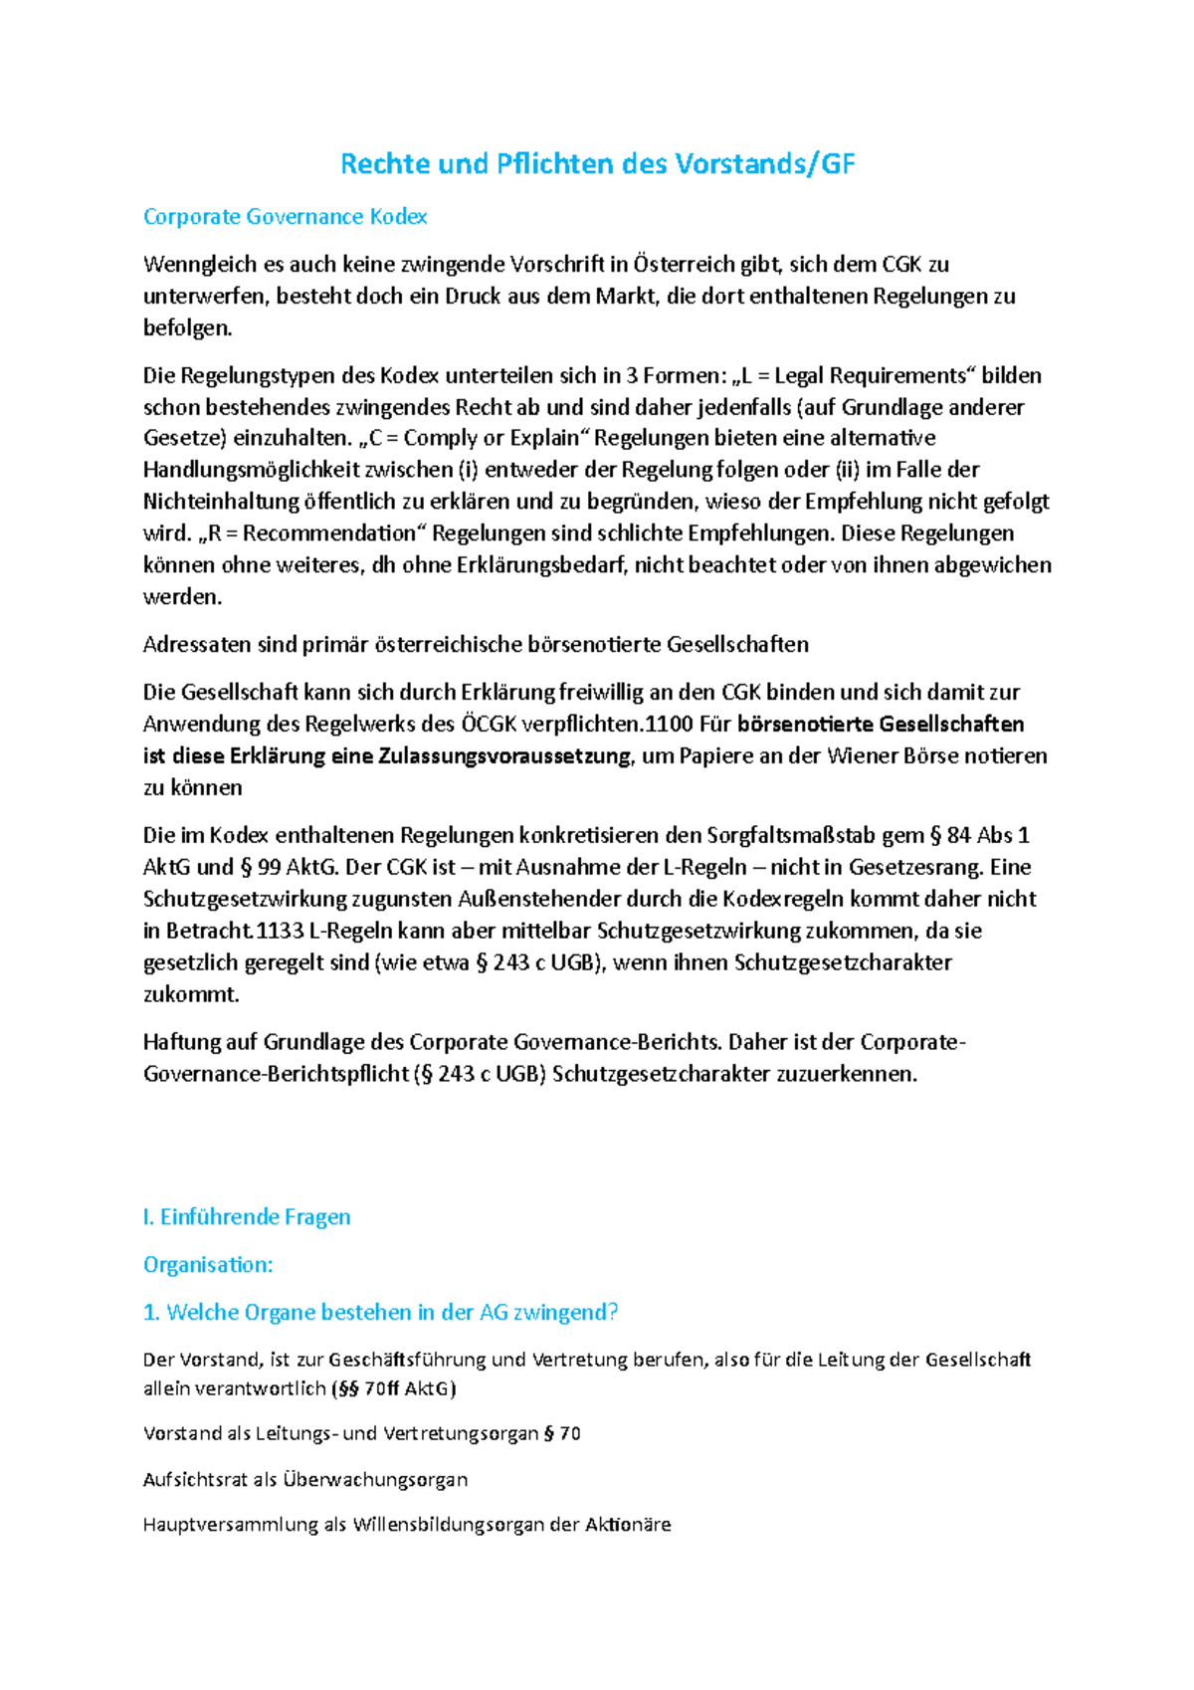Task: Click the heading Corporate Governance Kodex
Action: click(x=286, y=217)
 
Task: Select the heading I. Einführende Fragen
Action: click(x=247, y=1217)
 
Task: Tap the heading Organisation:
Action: click(x=208, y=1265)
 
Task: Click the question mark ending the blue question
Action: click(x=613, y=1313)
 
